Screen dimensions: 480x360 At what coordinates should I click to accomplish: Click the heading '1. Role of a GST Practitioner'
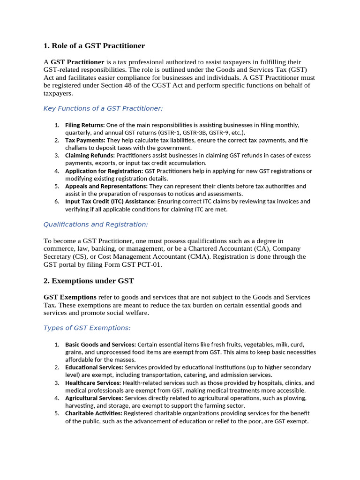94,46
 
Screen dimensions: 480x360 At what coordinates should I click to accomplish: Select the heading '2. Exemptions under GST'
89,281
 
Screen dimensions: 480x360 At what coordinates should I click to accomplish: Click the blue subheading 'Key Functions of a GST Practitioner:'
103,108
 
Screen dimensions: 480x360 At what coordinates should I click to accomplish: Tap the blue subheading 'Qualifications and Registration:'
96,225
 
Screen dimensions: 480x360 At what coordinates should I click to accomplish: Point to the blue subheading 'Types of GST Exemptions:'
87,328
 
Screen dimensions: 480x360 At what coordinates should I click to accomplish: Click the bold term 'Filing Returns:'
85,125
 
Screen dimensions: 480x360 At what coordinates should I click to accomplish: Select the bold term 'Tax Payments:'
85,140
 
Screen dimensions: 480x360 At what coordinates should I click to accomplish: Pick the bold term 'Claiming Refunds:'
90,156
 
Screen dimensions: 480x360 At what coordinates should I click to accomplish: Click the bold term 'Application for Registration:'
104,171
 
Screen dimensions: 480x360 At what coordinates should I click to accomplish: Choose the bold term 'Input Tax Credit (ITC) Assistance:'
111,202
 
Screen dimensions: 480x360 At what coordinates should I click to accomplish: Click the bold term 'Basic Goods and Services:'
100,345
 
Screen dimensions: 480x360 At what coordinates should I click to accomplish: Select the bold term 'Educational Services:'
94,367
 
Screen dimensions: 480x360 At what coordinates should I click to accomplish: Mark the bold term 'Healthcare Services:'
93,383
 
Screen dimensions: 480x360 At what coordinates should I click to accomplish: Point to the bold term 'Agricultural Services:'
94,398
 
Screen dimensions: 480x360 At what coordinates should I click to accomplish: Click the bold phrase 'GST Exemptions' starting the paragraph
70,298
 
